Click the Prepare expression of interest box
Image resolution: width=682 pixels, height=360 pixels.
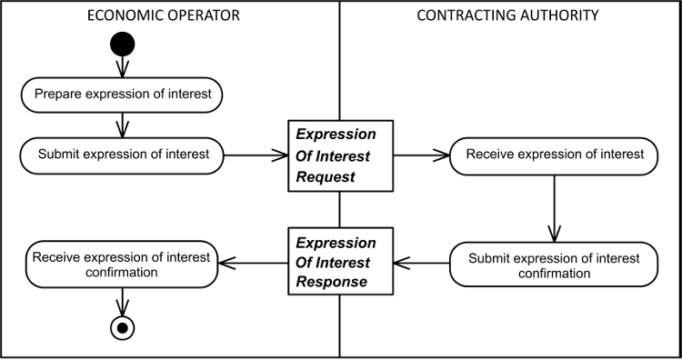122,95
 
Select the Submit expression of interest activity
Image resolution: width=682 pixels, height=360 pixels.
122,155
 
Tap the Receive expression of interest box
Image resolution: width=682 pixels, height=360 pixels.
554,155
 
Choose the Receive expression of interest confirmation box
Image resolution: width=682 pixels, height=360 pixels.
121,265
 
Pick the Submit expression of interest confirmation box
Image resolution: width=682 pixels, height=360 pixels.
554,265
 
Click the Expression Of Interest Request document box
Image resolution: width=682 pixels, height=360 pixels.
340,155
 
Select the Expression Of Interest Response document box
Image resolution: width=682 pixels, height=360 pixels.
340,262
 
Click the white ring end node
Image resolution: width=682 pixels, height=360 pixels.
122,327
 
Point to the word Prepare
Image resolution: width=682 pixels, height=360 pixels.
59,94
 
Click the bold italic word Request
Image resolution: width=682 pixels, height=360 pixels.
326,176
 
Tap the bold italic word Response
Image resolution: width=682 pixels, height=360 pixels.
332,282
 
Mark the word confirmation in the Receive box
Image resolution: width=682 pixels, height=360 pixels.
121,272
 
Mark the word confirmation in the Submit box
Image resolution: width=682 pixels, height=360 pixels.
554,274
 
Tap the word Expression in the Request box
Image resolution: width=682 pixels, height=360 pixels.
336,135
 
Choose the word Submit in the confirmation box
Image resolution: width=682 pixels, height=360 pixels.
489,258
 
